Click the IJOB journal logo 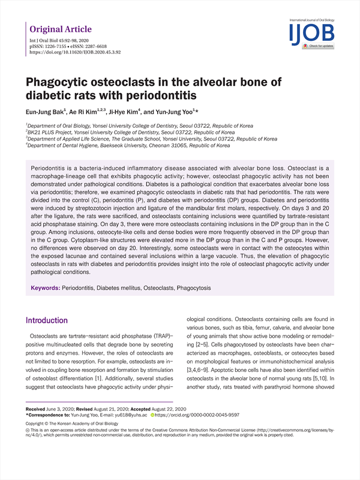(311, 34)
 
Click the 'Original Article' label (61, 29)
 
